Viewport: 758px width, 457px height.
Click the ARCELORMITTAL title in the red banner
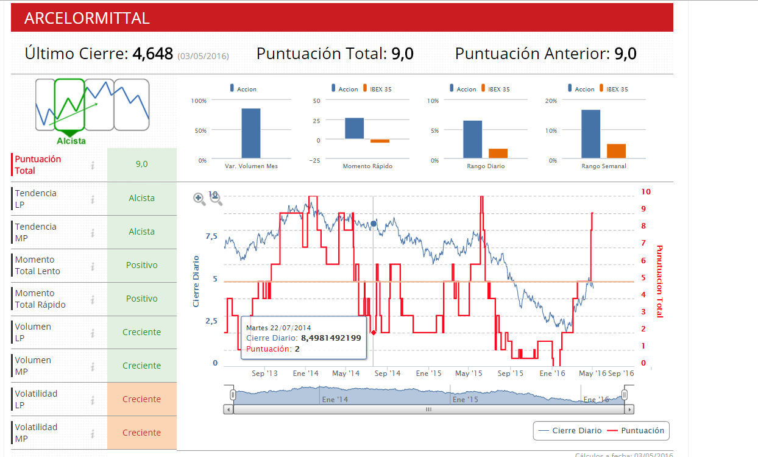click(x=87, y=18)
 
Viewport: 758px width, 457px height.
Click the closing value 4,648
click(x=152, y=54)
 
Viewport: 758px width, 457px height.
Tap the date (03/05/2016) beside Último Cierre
click(x=204, y=56)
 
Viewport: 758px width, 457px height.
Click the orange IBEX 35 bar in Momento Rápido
click(x=380, y=141)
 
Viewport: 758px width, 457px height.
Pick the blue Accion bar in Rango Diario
click(x=472, y=139)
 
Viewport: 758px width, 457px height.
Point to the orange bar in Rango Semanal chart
click(x=616, y=151)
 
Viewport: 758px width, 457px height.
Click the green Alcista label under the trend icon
click(x=71, y=141)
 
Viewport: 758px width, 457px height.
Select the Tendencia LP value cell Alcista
click(x=141, y=198)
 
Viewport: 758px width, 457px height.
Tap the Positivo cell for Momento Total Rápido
click(x=141, y=299)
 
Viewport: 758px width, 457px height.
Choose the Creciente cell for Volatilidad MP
click(x=141, y=433)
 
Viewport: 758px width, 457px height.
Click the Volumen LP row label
click(x=34, y=332)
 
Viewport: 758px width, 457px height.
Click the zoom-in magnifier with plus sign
click(x=199, y=199)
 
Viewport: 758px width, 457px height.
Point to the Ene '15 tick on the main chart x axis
click(x=428, y=373)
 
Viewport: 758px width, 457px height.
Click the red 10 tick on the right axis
click(x=646, y=192)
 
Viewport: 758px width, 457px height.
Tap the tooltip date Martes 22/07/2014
click(x=278, y=328)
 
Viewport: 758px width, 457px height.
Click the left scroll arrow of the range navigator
click(x=228, y=409)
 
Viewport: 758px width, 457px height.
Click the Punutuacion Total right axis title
click(x=659, y=281)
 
